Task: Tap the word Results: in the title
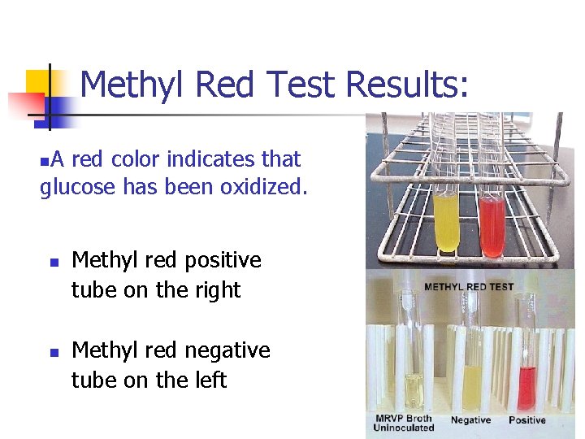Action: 406,85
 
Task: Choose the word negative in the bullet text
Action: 227,350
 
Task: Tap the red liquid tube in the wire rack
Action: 491,224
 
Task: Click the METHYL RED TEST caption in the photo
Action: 468,287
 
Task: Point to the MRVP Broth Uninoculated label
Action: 404,424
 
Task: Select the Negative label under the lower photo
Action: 470,420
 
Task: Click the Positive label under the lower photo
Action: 527,420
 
